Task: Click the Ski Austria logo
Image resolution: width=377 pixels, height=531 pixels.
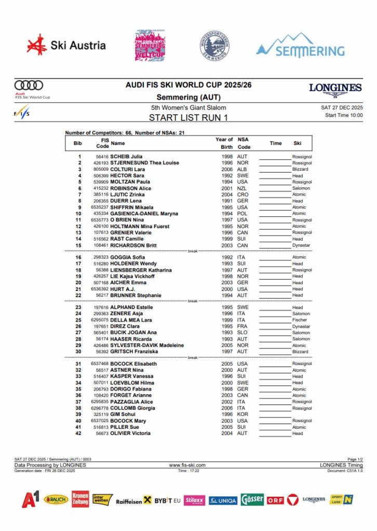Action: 66,46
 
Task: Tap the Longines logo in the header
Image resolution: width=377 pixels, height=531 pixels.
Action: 335,89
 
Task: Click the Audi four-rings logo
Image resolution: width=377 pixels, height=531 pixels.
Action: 29,85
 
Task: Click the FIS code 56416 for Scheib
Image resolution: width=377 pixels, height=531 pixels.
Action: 102,157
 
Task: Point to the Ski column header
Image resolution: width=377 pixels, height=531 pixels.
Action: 297,143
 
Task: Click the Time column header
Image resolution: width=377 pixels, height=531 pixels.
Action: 276,143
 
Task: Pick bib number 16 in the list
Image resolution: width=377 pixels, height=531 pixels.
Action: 79,257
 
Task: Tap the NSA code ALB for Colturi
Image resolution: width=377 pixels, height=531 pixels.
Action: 242,169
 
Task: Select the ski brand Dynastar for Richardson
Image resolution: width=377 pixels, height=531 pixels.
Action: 301,245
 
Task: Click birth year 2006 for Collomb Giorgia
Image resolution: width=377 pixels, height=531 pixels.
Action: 227,408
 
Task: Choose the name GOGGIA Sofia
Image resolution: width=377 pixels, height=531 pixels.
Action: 128,257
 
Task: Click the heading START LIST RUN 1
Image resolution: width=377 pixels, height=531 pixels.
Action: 188,118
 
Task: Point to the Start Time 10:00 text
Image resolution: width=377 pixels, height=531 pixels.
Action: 344,115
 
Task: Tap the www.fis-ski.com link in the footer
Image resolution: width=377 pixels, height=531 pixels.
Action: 187,465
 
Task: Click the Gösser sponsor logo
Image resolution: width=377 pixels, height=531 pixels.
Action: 252,500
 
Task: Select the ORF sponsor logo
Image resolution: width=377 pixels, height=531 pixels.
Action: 275,500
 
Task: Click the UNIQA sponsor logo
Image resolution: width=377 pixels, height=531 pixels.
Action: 223,500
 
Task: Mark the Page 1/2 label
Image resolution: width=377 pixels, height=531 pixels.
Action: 355,459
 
